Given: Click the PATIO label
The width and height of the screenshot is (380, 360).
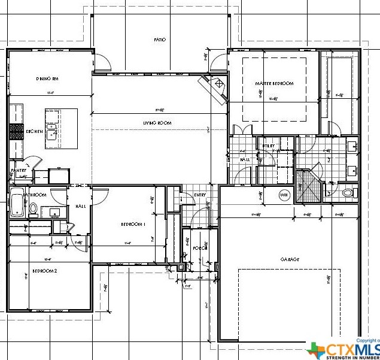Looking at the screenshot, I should click(x=159, y=40).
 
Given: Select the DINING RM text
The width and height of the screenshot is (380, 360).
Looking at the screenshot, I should click(x=47, y=78).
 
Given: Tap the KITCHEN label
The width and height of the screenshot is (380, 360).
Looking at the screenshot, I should click(x=34, y=131).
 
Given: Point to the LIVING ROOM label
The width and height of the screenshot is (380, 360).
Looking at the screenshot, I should click(x=157, y=123).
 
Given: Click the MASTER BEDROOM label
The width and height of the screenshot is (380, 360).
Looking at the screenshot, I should click(x=274, y=84).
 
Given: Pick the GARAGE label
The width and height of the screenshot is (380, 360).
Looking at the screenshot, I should click(x=290, y=259).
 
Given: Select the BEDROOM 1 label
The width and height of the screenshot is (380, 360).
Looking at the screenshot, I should click(x=133, y=224).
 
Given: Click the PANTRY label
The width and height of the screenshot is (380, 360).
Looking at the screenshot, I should click(x=19, y=171).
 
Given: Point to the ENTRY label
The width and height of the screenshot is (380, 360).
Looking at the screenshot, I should click(x=199, y=195).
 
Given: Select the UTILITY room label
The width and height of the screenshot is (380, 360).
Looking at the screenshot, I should click(x=267, y=146).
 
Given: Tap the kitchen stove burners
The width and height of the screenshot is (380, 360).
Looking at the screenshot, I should click(x=15, y=131).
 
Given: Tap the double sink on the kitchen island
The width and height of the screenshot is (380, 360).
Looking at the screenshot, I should click(x=51, y=131).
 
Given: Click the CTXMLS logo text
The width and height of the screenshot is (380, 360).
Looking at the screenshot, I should click(x=352, y=349).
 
